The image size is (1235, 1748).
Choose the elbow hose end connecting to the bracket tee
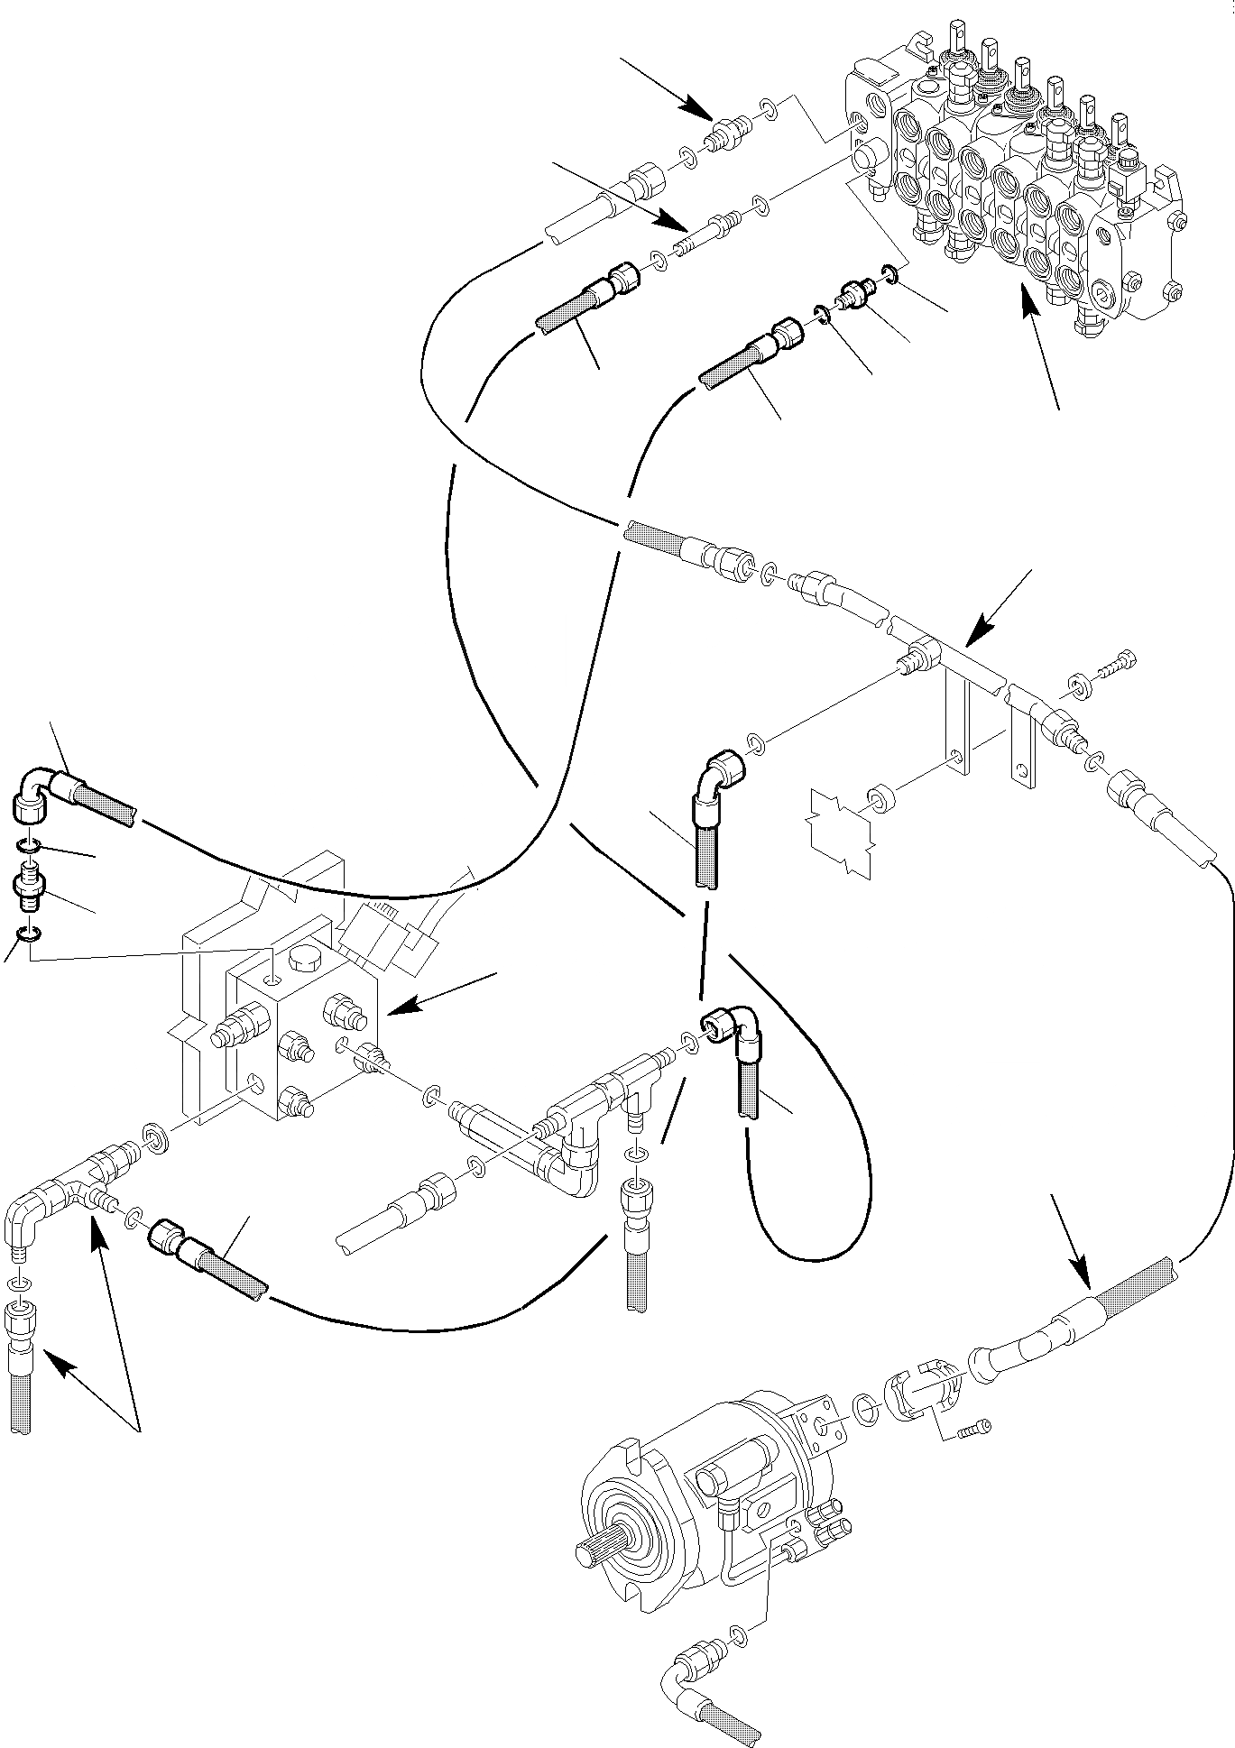click(719, 773)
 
